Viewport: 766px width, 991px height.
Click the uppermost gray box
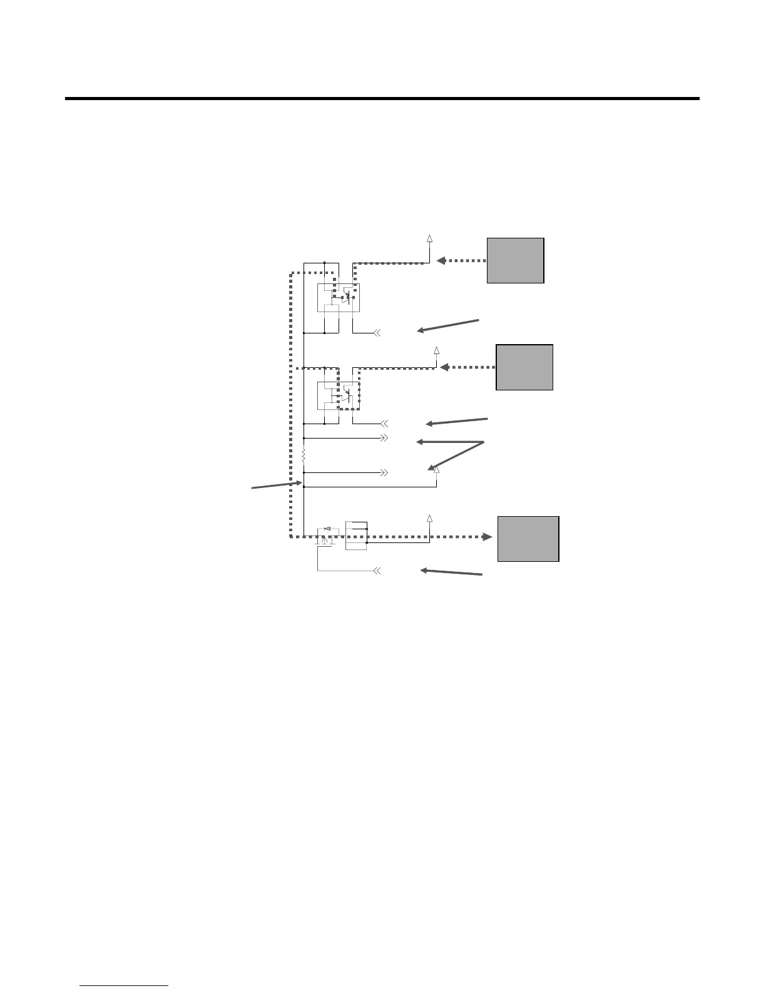(x=515, y=260)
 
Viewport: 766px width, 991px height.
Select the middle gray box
(x=524, y=367)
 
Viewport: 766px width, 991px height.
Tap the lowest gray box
(x=528, y=539)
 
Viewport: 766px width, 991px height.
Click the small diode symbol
(x=327, y=529)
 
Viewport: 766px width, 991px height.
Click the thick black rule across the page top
(x=382, y=98)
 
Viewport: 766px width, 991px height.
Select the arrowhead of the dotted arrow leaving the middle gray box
(x=445, y=367)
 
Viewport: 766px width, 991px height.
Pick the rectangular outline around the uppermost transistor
(x=338, y=298)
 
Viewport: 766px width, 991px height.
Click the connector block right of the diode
(x=356, y=536)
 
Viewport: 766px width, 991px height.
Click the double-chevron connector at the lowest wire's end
(x=377, y=571)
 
